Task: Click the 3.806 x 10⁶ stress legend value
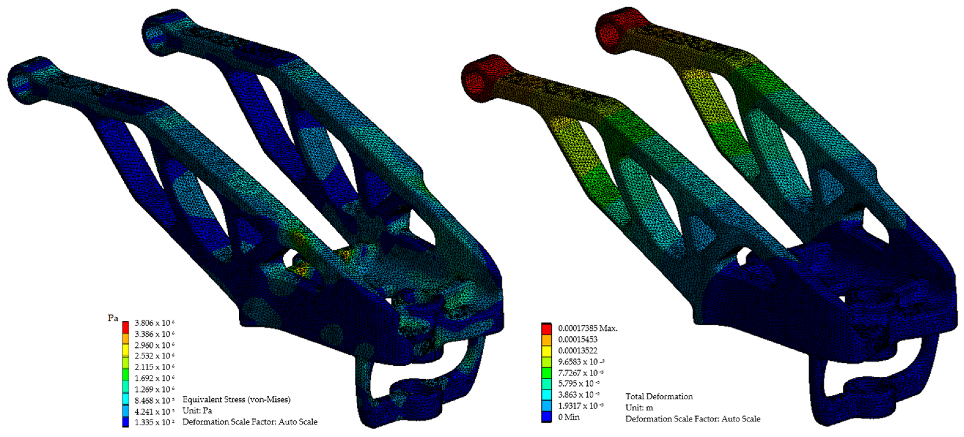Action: (154, 323)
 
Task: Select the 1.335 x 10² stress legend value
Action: (154, 422)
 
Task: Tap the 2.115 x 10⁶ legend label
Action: (154, 367)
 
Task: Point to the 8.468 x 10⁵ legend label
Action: (154, 400)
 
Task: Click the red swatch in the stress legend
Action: (125, 327)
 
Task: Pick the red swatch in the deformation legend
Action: (546, 329)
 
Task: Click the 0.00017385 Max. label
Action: (587, 328)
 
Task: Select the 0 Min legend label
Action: (569, 417)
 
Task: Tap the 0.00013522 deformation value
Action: (578, 350)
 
